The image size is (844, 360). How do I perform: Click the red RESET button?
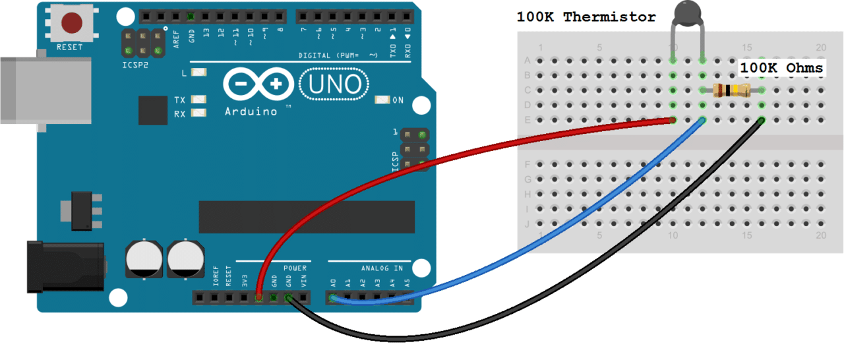click(71, 24)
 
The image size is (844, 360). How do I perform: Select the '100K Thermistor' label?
click(586, 17)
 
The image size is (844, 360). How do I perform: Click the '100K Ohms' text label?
click(781, 68)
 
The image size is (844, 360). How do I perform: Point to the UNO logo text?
click(335, 84)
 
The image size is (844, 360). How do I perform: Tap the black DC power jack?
click(65, 266)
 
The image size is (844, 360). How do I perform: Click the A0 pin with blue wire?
click(333, 299)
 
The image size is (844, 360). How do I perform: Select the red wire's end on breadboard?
click(673, 120)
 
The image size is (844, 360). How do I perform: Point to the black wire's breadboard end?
click(761, 120)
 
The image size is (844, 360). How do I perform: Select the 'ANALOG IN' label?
click(382, 268)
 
